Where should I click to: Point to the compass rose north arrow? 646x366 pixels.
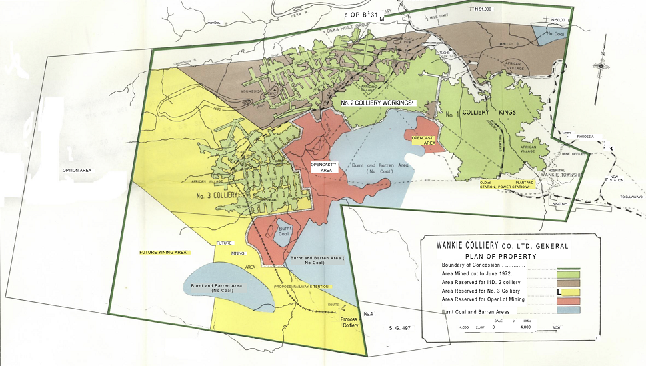click(x=601, y=65)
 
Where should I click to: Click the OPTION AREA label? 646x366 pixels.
click(x=80, y=170)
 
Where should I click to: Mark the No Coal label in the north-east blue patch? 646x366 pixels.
click(x=555, y=33)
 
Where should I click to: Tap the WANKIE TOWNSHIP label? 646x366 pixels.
click(x=578, y=175)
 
